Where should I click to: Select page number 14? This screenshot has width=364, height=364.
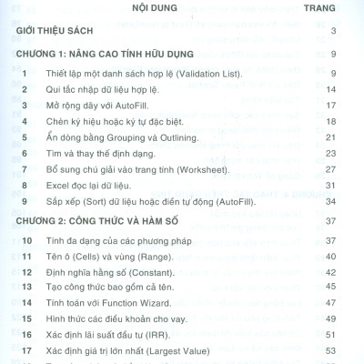tap(332, 89)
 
